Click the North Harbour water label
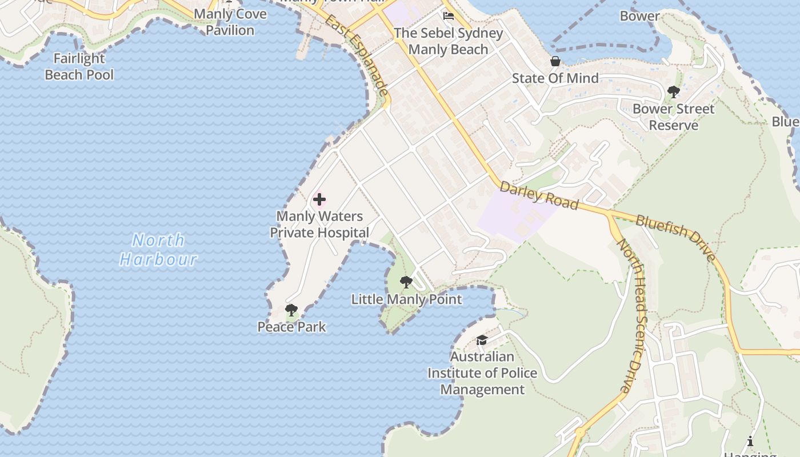pyautogui.click(x=158, y=250)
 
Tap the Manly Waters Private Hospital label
pyautogui.click(x=319, y=225)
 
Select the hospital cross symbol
pyautogui.click(x=319, y=199)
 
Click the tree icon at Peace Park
pyautogui.click(x=291, y=310)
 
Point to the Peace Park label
pyautogui.click(x=291, y=327)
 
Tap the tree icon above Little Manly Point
pyautogui.click(x=406, y=282)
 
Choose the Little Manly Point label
pyautogui.click(x=406, y=299)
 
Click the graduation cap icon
pyautogui.click(x=482, y=340)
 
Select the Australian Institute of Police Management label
pyautogui.click(x=482, y=373)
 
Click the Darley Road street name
pyautogui.click(x=539, y=195)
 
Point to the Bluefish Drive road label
pyautogui.click(x=675, y=237)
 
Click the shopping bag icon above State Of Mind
pyautogui.click(x=555, y=61)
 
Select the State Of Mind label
pyautogui.click(x=555, y=78)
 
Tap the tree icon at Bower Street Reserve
pyautogui.click(x=673, y=91)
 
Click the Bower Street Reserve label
pyautogui.click(x=673, y=117)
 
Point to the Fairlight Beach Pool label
pyautogui.click(x=79, y=66)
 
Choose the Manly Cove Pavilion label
pyautogui.click(x=230, y=22)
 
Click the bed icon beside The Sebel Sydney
pyautogui.click(x=449, y=15)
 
